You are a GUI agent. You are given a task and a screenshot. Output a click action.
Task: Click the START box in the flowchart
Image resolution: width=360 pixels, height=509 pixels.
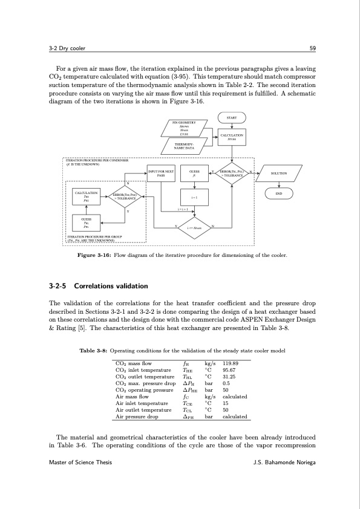coord(231,117)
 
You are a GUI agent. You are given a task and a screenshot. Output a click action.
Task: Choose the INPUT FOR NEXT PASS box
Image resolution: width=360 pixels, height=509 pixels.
coord(162,173)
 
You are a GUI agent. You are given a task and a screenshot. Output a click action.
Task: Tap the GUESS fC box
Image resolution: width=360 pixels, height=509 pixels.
coord(195,173)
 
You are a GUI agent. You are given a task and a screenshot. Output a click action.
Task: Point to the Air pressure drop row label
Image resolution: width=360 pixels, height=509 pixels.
coord(136,417)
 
